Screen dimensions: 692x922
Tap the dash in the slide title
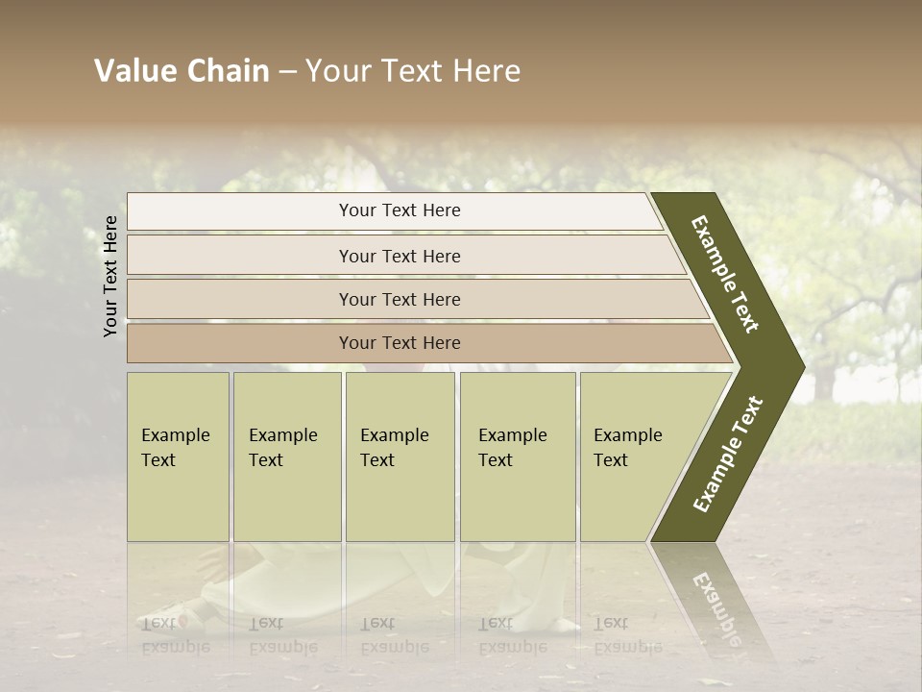(287, 72)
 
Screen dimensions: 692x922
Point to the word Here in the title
(486, 71)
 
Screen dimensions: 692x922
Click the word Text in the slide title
(410, 71)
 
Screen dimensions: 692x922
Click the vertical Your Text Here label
(110, 276)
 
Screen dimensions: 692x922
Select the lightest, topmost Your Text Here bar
(399, 210)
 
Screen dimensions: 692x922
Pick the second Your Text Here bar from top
(399, 256)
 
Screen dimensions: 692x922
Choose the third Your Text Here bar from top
(399, 299)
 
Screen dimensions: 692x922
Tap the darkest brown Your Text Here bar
(399, 343)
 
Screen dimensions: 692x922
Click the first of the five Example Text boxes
(178, 457)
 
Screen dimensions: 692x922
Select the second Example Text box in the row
(286, 457)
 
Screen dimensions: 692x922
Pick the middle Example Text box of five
(400, 457)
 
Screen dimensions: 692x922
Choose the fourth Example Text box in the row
(517, 457)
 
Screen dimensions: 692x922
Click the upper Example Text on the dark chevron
(725, 274)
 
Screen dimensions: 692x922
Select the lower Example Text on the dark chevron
(728, 455)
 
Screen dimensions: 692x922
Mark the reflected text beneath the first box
(175, 634)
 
